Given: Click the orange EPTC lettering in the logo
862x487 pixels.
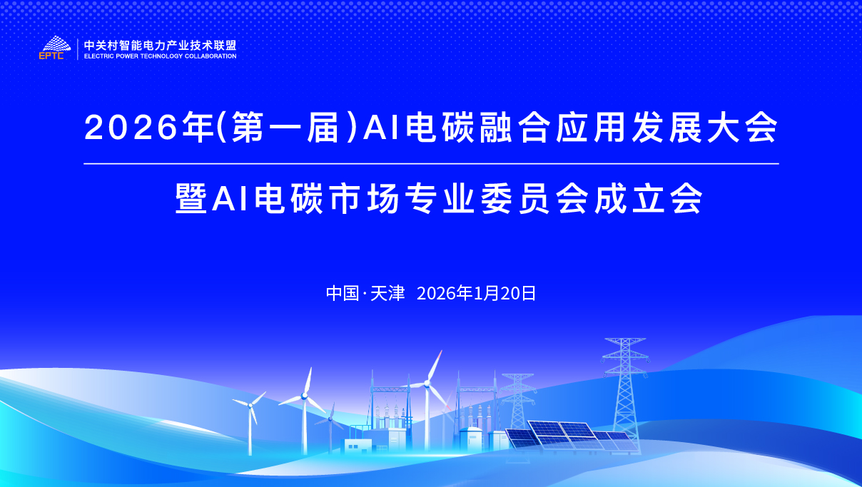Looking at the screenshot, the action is (51, 56).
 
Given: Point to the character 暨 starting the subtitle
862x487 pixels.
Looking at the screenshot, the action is (191, 198).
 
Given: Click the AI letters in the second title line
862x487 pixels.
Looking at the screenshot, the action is (230, 198).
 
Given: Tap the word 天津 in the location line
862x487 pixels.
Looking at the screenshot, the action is (387, 294).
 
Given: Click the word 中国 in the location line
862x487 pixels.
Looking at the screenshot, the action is (343, 294).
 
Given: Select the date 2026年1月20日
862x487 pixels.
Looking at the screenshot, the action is (477, 294).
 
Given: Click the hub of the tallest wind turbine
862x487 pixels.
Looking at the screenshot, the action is (427, 383).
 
